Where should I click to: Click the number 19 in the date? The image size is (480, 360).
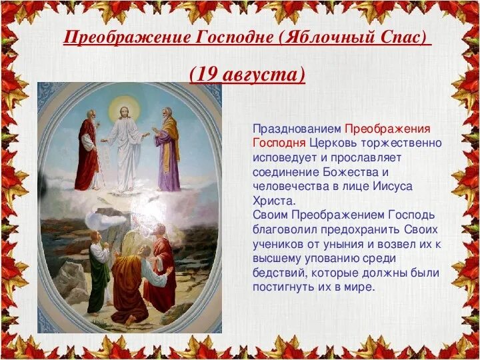[x=207, y=73]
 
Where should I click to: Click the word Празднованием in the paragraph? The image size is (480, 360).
[x=297, y=127]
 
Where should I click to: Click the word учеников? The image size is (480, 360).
[x=280, y=244]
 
